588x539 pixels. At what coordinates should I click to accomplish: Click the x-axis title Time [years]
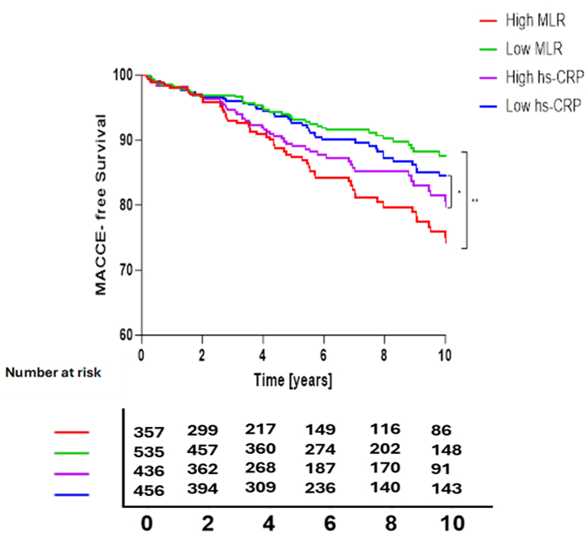(292, 381)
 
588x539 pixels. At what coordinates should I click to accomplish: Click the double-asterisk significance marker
(476, 200)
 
